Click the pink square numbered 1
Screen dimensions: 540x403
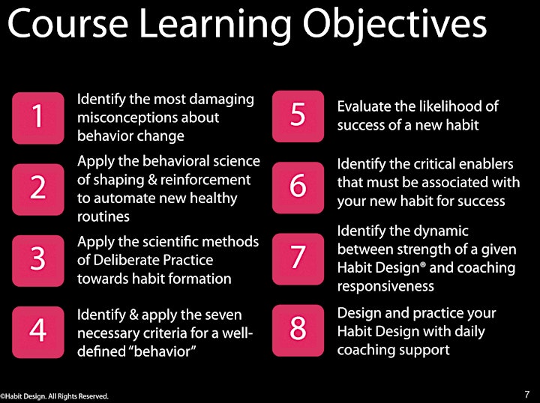(38, 118)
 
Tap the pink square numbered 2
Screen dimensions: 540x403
(38, 190)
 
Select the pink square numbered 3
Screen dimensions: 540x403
(38, 261)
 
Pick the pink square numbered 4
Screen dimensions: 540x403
(38, 332)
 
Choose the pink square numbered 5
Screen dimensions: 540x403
(298, 116)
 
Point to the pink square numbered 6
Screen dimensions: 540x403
(298, 188)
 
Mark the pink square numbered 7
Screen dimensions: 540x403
(298, 259)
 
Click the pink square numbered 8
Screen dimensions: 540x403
(298, 330)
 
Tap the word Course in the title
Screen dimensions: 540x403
(67, 25)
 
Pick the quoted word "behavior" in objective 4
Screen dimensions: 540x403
(166, 351)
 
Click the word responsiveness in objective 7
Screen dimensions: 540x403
(385, 286)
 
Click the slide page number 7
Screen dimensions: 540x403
(527, 394)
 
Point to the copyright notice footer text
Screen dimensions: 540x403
(55, 396)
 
